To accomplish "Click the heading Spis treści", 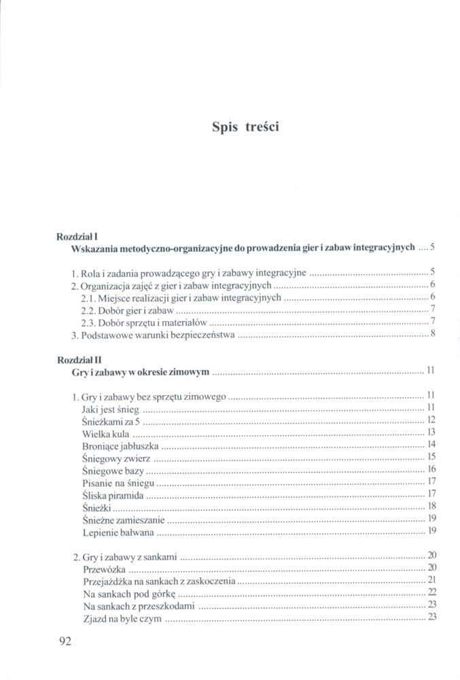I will click(x=245, y=127).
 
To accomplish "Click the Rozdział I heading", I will click(x=79, y=236).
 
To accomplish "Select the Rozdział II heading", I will click(x=80, y=358).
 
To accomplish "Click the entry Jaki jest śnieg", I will click(x=110, y=407).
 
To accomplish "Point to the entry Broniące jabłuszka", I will click(x=120, y=445).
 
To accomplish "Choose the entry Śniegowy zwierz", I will click(x=116, y=458).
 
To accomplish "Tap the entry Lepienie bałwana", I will click(x=118, y=531).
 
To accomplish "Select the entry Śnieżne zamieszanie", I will click(x=123, y=520).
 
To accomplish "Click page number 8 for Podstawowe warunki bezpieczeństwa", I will click(x=432, y=334).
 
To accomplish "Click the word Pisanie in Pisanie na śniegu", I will click(x=97, y=483).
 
